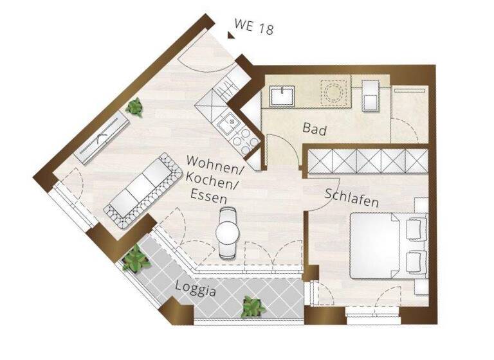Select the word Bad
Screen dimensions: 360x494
point(315,130)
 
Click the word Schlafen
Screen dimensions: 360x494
point(351,197)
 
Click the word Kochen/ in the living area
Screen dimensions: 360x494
point(210,176)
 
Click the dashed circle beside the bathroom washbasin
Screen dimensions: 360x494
point(334,94)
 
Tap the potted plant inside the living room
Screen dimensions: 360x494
point(134,107)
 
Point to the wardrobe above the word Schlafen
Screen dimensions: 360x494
point(364,161)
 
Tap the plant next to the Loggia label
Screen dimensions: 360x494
point(252,307)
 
